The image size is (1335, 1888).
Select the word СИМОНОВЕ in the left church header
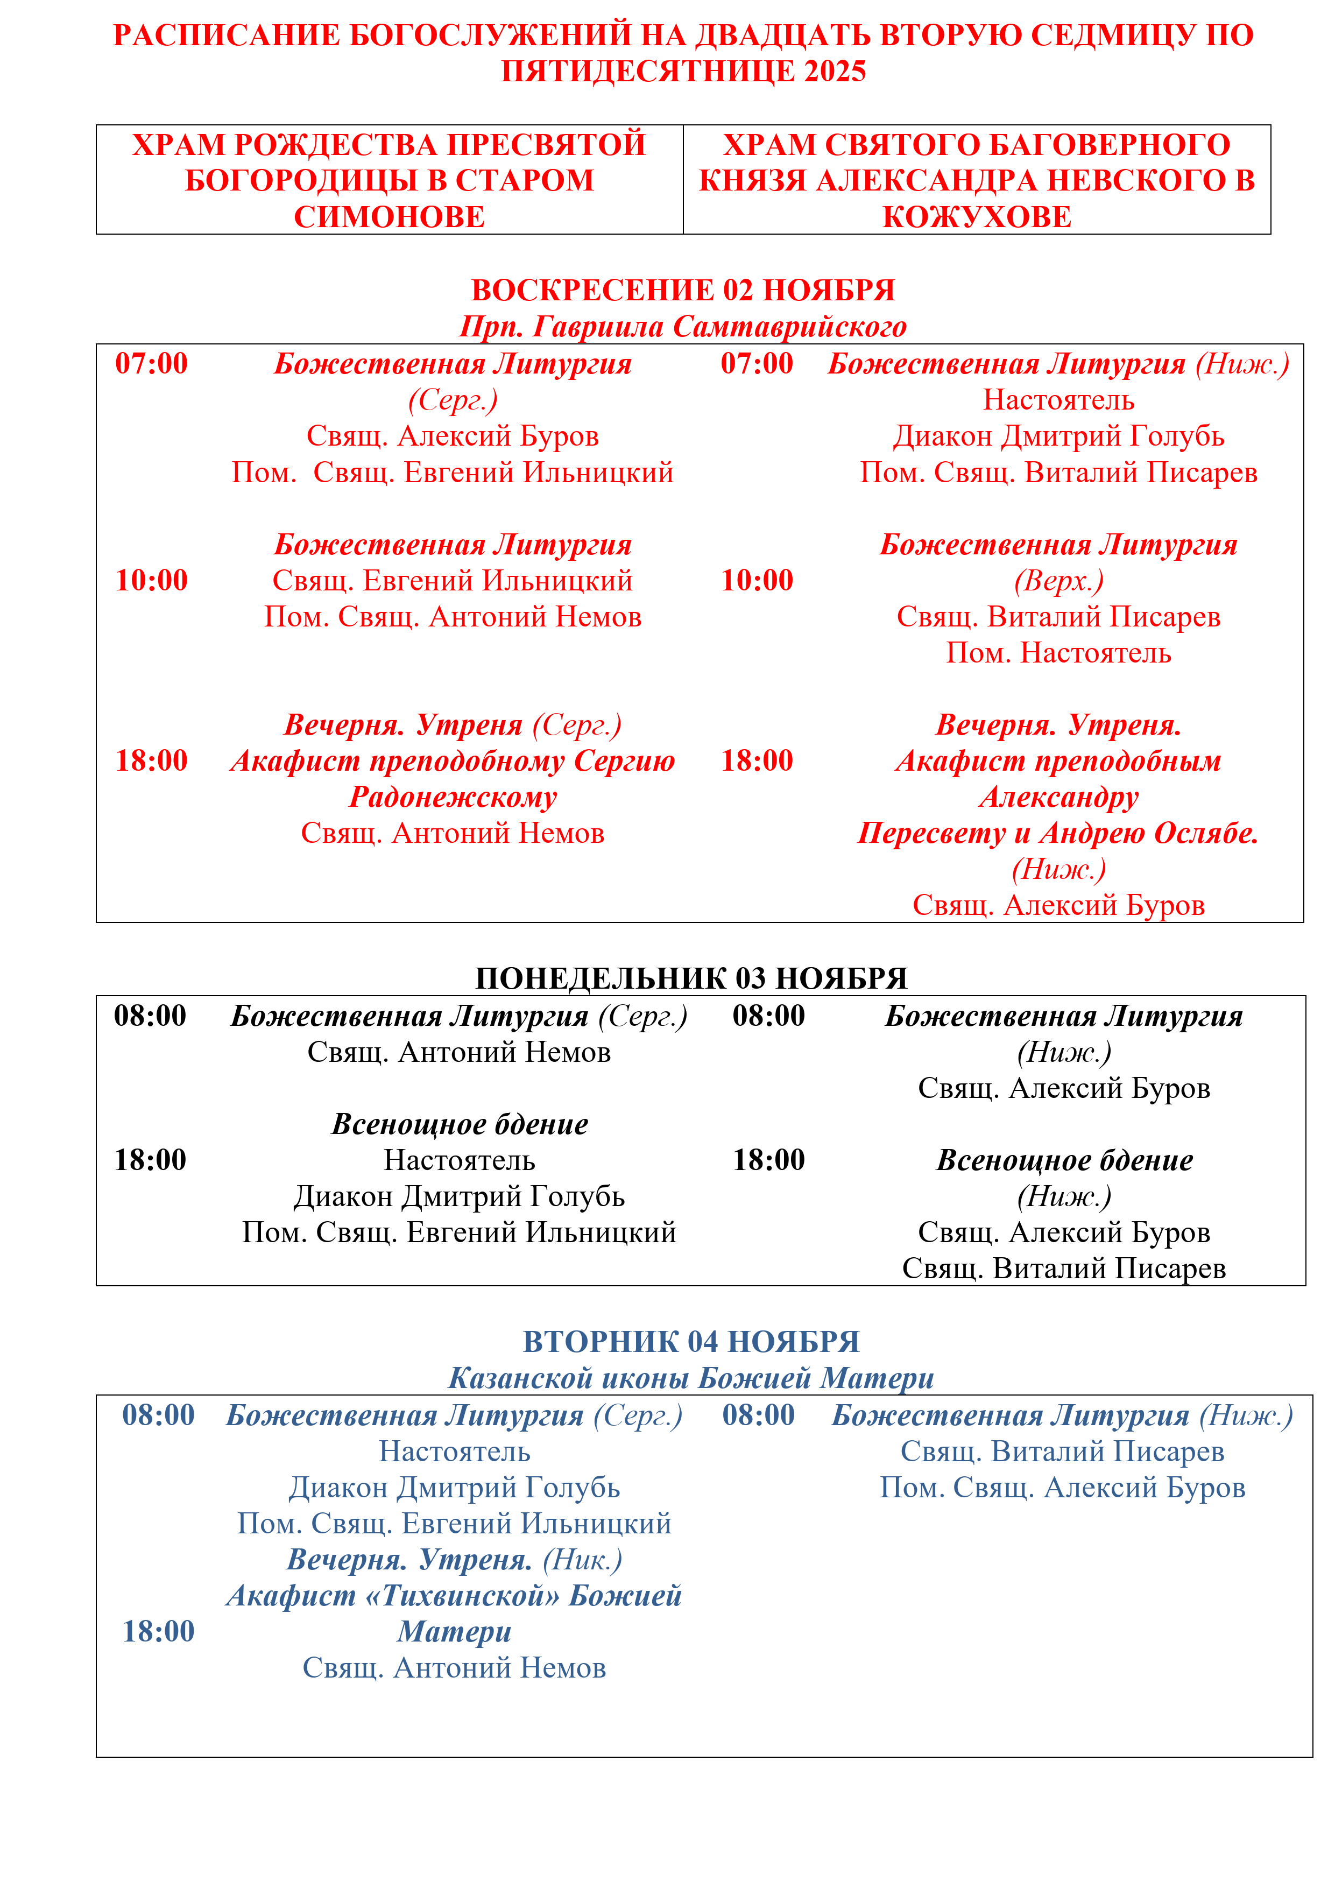pyautogui.click(x=389, y=217)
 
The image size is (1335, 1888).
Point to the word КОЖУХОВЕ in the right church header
pyautogui.click(x=977, y=217)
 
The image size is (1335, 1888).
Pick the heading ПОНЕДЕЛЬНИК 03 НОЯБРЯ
pyautogui.click(x=691, y=978)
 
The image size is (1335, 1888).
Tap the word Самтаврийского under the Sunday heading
pyautogui.click(x=790, y=327)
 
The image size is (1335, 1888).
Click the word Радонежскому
pyautogui.click(x=453, y=797)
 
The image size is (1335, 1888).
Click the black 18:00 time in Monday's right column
pyautogui.click(x=768, y=1160)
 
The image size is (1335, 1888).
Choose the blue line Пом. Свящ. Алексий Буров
pyautogui.click(x=1062, y=1488)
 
